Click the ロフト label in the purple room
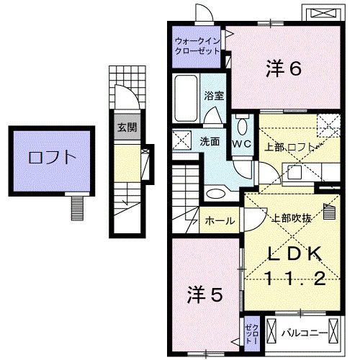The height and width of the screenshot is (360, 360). (x=50, y=158)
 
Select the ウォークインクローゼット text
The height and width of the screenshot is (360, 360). (x=197, y=47)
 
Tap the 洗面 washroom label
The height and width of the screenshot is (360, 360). (x=210, y=141)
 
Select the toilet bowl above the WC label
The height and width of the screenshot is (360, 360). (x=240, y=126)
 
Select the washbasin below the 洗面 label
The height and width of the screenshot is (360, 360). (x=215, y=193)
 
